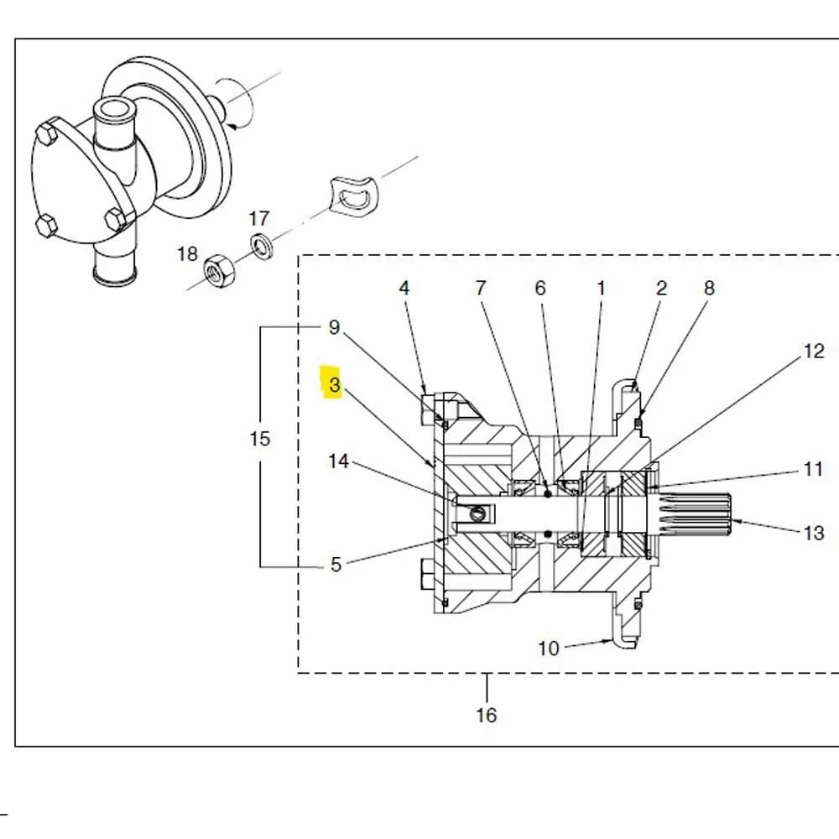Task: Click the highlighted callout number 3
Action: point(335,385)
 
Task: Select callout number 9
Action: point(334,326)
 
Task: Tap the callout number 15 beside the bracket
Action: point(260,438)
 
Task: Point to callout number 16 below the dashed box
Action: point(486,715)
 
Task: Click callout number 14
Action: point(338,461)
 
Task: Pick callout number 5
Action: point(336,565)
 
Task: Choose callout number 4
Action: point(404,288)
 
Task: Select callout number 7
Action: point(480,288)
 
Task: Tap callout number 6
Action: point(540,288)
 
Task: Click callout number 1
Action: point(601,288)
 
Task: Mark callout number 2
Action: point(661,288)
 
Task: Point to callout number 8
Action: point(709,288)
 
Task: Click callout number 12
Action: point(814,351)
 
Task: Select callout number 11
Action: point(813,468)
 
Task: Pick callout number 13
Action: point(814,532)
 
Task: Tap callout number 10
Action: point(548,648)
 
